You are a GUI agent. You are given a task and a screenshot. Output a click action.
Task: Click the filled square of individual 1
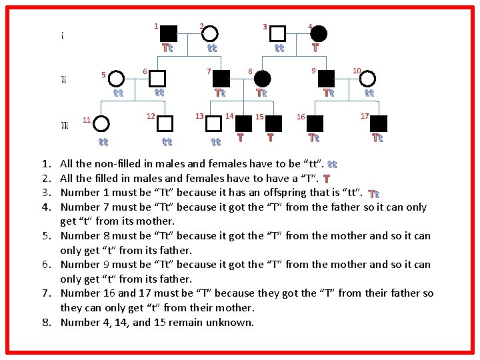coord(169,33)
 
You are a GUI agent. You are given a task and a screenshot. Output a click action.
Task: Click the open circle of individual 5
coord(117,79)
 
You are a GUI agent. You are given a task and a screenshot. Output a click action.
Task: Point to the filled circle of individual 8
coord(262,78)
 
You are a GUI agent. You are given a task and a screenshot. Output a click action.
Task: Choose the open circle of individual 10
coord(369,79)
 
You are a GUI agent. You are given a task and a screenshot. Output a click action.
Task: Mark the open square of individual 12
coord(165,123)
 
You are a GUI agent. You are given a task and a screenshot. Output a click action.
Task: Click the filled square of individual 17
coord(378,123)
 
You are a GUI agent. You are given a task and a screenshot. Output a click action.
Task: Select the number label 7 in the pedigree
coord(209,71)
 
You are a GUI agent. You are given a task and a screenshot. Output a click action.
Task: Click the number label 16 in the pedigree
coord(301,117)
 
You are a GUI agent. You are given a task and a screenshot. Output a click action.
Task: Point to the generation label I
coord(62,35)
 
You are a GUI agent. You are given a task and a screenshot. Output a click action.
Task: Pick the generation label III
coord(63,125)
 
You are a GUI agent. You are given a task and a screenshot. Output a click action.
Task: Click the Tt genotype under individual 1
coord(168,48)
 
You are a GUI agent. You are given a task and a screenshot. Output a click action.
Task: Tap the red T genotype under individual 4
coord(315,47)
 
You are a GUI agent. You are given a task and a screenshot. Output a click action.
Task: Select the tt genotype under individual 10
coord(369,93)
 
